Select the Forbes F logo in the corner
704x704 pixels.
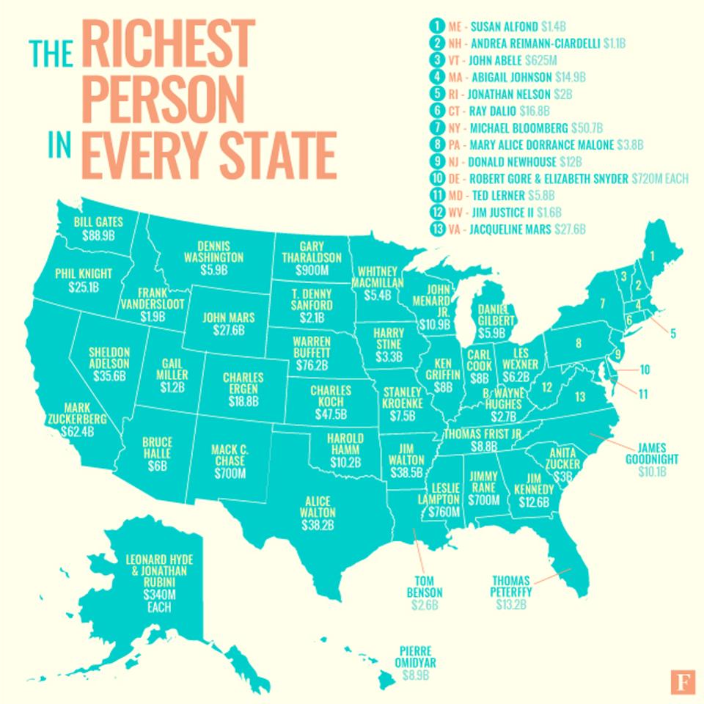(x=683, y=681)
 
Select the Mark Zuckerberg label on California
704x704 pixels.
(x=87, y=413)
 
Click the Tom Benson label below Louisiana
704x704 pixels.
(x=423, y=584)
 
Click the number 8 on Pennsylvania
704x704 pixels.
(x=578, y=342)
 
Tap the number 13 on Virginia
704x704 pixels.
(x=580, y=397)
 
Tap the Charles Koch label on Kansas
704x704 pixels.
(x=330, y=396)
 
